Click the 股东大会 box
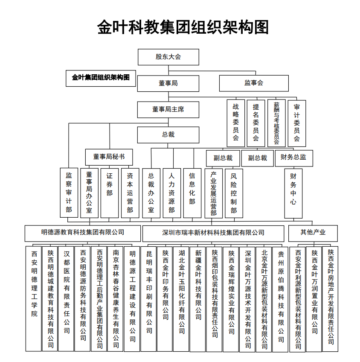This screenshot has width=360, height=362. (x=168, y=57)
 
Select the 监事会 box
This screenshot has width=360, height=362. (x=254, y=83)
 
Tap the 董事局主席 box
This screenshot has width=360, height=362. (x=168, y=110)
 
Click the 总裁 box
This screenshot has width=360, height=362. (x=168, y=135)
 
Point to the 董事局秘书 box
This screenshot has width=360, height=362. (x=109, y=157)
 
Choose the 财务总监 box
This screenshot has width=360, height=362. (x=294, y=158)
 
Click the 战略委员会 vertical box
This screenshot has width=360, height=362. (x=236, y=123)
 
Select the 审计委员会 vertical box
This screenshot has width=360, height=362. (x=297, y=123)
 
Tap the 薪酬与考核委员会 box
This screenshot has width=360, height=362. (x=276, y=123)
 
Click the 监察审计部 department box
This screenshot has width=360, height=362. (x=69, y=193)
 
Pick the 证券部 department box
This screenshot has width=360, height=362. (x=110, y=193)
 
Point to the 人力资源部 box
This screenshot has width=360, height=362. (x=171, y=193)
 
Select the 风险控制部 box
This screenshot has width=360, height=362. (x=234, y=193)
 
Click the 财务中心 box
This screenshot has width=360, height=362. (x=293, y=193)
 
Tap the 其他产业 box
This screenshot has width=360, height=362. (x=313, y=234)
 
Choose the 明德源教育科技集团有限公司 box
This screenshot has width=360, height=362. (x=83, y=234)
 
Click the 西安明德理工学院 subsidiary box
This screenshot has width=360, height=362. (x=33, y=298)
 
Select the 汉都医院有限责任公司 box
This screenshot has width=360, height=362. (x=66, y=298)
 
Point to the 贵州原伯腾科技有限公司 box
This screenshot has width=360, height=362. (x=280, y=299)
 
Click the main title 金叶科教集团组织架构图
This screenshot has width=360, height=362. (x=183, y=27)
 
